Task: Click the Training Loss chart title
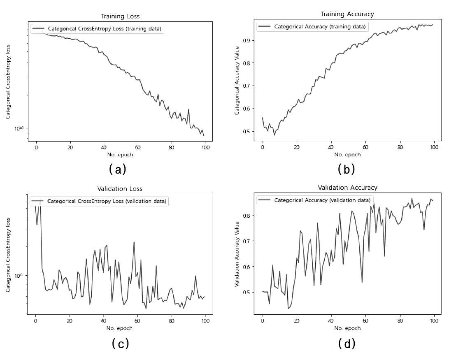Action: coord(120,16)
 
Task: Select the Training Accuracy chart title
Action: coord(347,14)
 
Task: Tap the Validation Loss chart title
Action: coord(120,189)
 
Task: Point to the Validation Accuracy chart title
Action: coord(348,188)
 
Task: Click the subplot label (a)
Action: coord(117,169)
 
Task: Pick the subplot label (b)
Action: coord(346,169)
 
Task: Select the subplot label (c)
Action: coord(120,343)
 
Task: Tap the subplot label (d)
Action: coord(347,343)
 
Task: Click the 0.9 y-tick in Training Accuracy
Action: coord(247,40)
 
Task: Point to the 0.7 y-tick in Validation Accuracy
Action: coord(247,241)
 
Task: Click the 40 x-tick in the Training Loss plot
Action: coord(104,148)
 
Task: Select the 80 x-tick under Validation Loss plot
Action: coord(171,321)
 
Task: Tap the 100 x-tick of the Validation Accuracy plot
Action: coord(434,321)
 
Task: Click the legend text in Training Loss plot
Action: coord(105,29)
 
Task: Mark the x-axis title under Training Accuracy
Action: coord(347,155)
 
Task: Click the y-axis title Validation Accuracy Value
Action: coord(237,254)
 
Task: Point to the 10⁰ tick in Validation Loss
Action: coord(19,276)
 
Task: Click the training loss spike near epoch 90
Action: coord(188,109)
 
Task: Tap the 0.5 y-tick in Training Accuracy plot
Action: coord(247,132)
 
